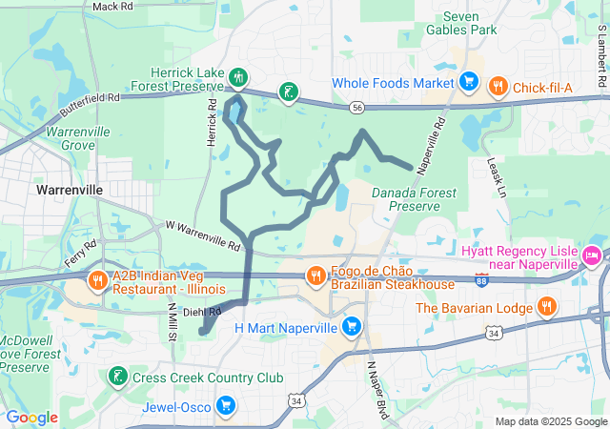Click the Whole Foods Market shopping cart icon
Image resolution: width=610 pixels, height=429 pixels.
point(468,81)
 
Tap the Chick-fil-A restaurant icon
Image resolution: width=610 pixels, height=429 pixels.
point(498,88)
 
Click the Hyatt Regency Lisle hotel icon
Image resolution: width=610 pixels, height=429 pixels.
point(591,255)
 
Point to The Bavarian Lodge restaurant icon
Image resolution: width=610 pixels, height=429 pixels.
point(546,307)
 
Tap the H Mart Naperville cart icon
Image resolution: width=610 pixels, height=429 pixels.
point(352,327)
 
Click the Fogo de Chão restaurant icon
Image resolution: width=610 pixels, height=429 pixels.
point(315,276)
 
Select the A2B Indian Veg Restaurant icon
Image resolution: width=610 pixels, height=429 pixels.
point(97,281)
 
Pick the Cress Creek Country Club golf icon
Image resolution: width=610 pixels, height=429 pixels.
point(117,377)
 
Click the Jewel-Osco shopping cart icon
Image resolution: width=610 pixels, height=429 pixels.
point(226,405)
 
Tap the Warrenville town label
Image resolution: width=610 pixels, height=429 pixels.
point(69,190)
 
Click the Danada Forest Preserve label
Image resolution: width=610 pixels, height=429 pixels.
point(415,198)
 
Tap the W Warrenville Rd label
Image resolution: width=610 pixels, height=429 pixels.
point(203,235)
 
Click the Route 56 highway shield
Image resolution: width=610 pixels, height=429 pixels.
point(356,108)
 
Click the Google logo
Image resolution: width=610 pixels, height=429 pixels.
point(31,418)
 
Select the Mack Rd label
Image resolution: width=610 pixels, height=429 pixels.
point(112,6)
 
